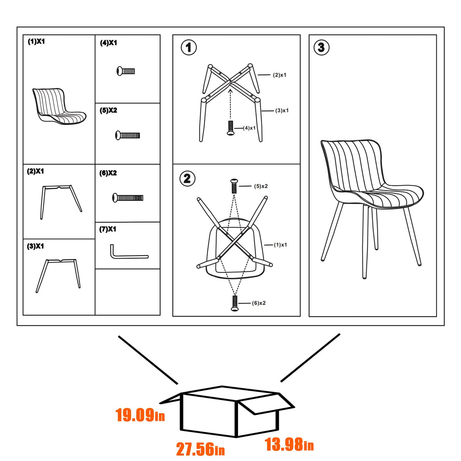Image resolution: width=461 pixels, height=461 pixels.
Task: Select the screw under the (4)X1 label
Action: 126,71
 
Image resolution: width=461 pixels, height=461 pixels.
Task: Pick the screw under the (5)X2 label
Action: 128,135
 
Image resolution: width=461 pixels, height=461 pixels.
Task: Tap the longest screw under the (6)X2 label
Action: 128,198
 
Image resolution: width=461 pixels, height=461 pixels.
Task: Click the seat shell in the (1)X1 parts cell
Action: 59,106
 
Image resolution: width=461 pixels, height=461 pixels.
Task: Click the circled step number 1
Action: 189,48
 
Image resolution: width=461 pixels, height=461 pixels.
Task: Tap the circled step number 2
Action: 187,178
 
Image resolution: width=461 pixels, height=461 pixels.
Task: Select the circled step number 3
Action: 321,47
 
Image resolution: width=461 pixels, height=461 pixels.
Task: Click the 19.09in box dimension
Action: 140,415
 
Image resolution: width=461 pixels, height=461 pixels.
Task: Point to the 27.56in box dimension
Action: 200,449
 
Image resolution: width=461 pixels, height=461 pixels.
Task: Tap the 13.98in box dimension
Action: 289,445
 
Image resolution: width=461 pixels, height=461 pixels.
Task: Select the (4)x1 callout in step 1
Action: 249,128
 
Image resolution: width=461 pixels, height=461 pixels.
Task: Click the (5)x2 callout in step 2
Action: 261,186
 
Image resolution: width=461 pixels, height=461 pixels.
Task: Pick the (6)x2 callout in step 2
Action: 259,303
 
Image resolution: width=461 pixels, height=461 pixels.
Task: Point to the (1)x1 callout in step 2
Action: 280,245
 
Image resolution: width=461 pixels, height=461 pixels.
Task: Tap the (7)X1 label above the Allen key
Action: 108,229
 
